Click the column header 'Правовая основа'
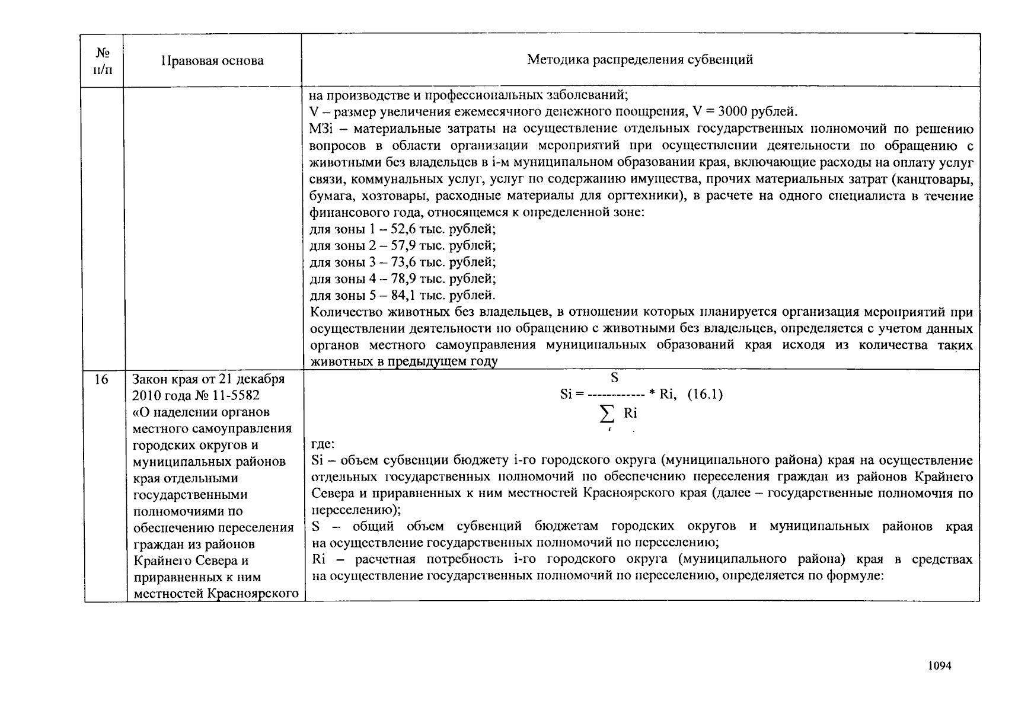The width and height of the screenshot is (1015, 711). (x=212, y=60)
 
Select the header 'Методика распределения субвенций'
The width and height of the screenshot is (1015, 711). (x=640, y=59)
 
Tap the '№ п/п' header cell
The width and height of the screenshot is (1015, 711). (x=102, y=60)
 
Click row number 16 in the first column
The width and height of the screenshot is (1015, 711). (x=101, y=379)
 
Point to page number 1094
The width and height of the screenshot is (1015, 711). (x=939, y=665)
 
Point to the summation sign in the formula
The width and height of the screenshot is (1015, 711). (x=607, y=414)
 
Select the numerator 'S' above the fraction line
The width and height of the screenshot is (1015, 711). (x=615, y=378)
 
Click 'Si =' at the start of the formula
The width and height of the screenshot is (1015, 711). (x=572, y=395)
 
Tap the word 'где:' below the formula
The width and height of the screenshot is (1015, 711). (x=323, y=444)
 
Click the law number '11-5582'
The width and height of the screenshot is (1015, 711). (x=234, y=395)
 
